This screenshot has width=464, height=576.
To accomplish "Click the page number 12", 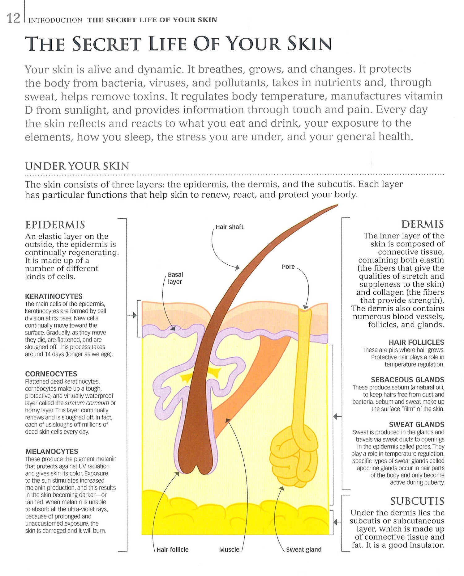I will point(13,19).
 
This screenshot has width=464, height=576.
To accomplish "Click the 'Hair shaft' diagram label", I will point(229,227).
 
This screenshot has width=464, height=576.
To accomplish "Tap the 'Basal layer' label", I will point(175,278).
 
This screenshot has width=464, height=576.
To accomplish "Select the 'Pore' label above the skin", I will point(288,267).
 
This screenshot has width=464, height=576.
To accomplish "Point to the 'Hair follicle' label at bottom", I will point(172,549).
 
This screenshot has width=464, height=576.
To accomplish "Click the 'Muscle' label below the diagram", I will point(229,549).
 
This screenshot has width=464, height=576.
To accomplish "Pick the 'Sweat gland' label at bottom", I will point(303,549).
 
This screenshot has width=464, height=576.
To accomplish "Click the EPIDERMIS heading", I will point(55,225).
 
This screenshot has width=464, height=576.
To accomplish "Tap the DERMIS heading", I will point(422,224).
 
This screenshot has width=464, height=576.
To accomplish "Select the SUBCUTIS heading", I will point(417,501).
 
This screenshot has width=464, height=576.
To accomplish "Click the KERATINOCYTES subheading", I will point(54,296).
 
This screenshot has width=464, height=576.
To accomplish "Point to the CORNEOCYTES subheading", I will point(51,374).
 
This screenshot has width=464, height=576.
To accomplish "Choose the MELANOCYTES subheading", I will point(51,451).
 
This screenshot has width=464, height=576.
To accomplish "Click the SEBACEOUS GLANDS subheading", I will point(407,380).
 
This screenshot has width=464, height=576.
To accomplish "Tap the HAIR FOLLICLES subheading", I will point(416,342).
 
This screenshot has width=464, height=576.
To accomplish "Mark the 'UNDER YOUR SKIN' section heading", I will point(77,166).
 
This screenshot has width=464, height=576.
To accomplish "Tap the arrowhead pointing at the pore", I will point(306,307).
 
